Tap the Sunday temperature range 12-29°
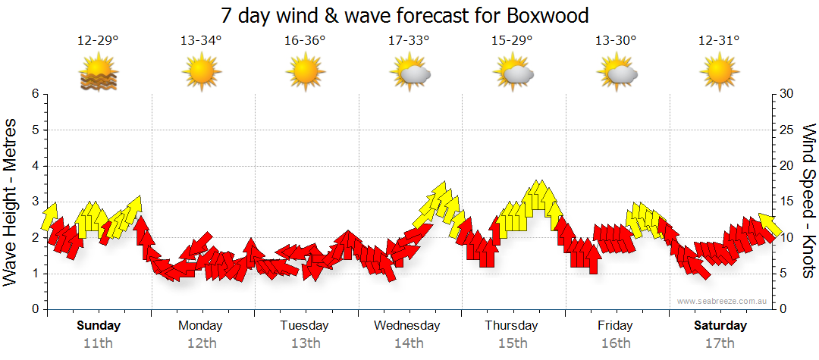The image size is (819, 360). [98, 41]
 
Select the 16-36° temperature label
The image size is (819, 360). [305, 41]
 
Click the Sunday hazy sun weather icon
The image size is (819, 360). [98, 74]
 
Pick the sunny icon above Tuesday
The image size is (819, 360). [305, 74]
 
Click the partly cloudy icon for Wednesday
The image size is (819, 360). [409, 74]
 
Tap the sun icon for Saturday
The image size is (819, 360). [719, 74]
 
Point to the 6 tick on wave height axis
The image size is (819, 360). [34, 94]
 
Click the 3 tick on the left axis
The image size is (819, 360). [34, 202]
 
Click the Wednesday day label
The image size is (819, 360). [406, 326]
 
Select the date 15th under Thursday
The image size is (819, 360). [512, 343]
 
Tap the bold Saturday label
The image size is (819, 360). [720, 326]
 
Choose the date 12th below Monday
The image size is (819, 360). [200, 343]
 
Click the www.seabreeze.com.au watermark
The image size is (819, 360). [723, 301]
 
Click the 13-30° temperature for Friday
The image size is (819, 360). [615, 41]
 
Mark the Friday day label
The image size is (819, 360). [615, 326]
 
